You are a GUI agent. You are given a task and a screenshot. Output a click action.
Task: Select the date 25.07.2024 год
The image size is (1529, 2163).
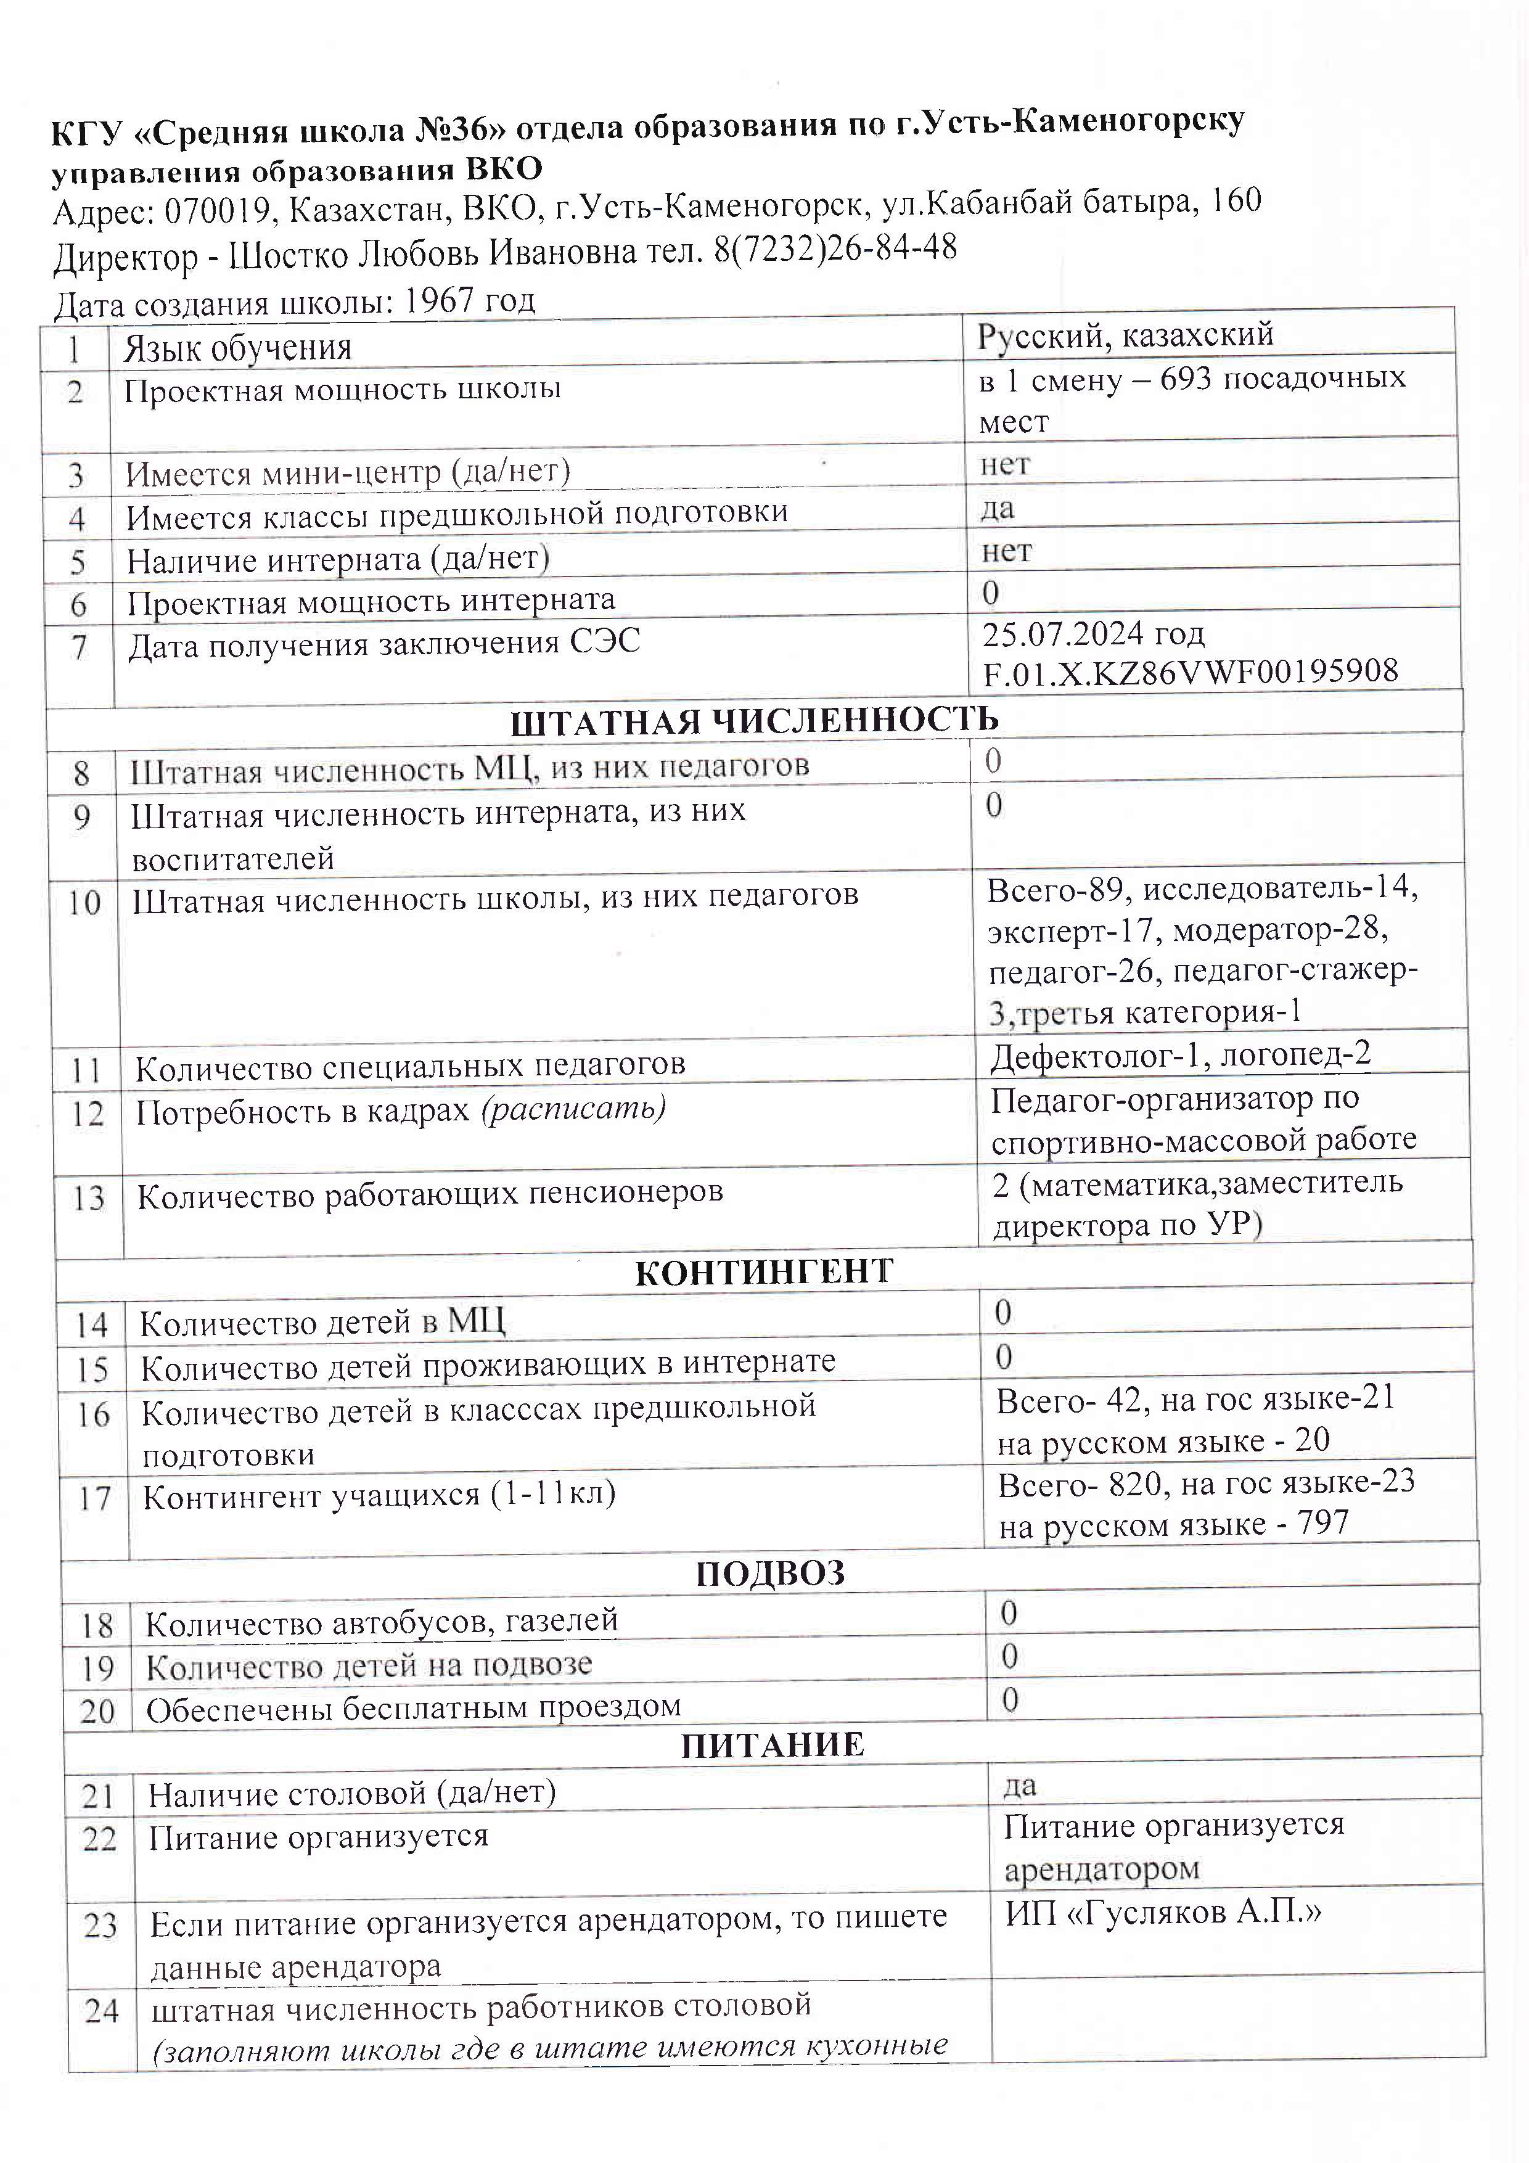tap(1093, 634)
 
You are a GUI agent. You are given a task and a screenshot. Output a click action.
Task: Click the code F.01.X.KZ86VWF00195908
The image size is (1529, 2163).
tap(1190, 671)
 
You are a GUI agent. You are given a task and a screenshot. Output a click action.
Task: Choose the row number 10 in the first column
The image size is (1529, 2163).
tap(84, 903)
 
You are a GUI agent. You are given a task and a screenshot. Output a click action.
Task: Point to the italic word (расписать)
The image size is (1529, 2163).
tap(574, 1109)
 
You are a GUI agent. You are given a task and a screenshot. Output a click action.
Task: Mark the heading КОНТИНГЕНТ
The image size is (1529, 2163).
tap(763, 1273)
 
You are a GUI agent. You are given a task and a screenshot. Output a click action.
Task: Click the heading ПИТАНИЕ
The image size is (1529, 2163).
tap(773, 1745)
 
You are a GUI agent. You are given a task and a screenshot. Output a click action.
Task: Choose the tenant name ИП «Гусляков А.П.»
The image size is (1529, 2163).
tap(1163, 1913)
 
